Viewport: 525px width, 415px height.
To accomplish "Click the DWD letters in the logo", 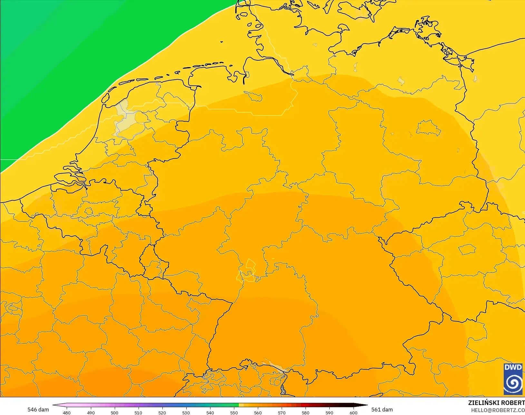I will [x=513, y=367].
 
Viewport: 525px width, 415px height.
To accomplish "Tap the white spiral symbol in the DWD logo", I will [x=513, y=383].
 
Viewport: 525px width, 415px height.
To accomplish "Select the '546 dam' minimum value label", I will [x=38, y=410].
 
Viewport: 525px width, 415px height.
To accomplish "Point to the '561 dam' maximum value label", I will [x=382, y=410].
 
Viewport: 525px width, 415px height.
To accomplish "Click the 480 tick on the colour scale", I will [x=67, y=412].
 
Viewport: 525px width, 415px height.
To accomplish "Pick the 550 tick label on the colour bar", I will [x=234, y=412].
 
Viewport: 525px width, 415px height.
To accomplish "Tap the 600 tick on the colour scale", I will [x=353, y=412].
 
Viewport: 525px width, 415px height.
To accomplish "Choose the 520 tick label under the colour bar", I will [x=162, y=412].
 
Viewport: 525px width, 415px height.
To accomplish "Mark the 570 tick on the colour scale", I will [x=282, y=412].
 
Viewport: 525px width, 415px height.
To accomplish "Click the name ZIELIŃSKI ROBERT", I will [x=496, y=403].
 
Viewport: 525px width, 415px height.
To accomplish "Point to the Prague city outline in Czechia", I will [x=467, y=249].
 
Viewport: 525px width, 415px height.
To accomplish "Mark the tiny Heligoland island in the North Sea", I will [x=222, y=42].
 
